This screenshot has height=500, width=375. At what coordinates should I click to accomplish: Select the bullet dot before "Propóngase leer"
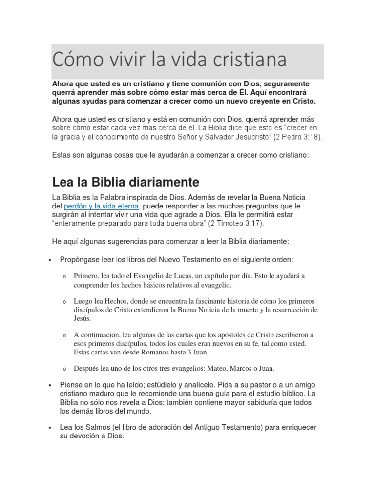pos(50,260)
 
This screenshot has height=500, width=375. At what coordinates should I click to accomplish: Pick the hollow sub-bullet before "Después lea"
pos(64,369)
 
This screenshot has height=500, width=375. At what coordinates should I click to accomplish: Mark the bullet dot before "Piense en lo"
pos(50,386)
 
